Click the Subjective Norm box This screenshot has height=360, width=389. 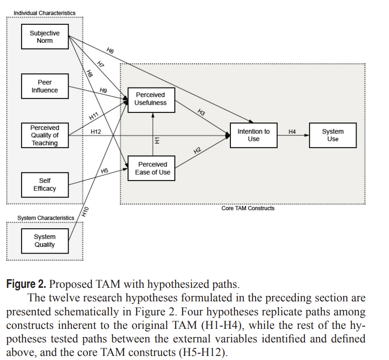coord(45,37)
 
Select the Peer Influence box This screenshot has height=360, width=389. coord(45,86)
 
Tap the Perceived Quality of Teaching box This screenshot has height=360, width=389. coord(45,135)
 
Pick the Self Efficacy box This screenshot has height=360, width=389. coord(45,185)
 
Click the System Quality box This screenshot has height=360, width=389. coord(45,241)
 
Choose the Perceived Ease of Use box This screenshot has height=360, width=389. coord(152,168)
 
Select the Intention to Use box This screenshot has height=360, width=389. coord(253,135)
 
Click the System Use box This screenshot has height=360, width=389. coord(333,135)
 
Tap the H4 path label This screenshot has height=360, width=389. coord(292,132)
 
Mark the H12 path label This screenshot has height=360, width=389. coord(96,132)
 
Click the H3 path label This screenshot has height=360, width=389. coord(201,112)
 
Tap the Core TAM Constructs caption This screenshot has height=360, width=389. coord(248,208)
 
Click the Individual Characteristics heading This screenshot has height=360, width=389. coord(45,13)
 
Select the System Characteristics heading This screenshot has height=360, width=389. coord(46,218)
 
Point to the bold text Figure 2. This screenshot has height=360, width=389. coord(26,284)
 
